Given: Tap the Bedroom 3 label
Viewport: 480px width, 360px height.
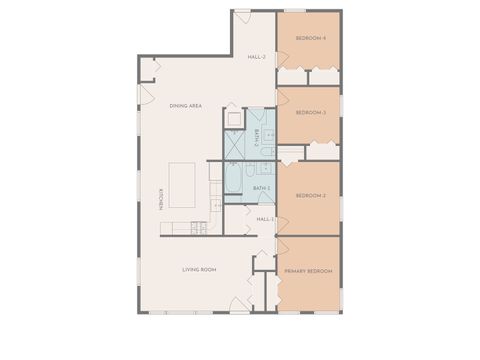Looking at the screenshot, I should pyautogui.click(x=311, y=112).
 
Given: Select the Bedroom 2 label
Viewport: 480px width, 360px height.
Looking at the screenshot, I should pyautogui.click(x=311, y=196).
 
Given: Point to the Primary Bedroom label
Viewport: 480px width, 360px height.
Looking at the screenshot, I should pyautogui.click(x=307, y=271).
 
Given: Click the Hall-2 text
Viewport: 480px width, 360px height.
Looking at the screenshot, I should pyautogui.click(x=256, y=57).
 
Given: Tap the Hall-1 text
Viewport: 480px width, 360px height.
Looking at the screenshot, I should pyautogui.click(x=265, y=219).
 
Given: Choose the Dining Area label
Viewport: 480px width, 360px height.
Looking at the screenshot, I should pyautogui.click(x=186, y=105).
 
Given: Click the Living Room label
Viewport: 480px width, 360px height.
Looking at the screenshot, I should pyautogui.click(x=200, y=270).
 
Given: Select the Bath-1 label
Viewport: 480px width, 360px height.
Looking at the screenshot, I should pyautogui.click(x=261, y=187).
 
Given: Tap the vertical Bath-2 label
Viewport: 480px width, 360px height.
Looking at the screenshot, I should pyautogui.click(x=257, y=139).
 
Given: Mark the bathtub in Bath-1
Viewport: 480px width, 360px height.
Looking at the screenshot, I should pyautogui.click(x=233, y=183).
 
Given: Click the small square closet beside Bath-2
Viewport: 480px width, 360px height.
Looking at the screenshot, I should pyautogui.click(x=233, y=117).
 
